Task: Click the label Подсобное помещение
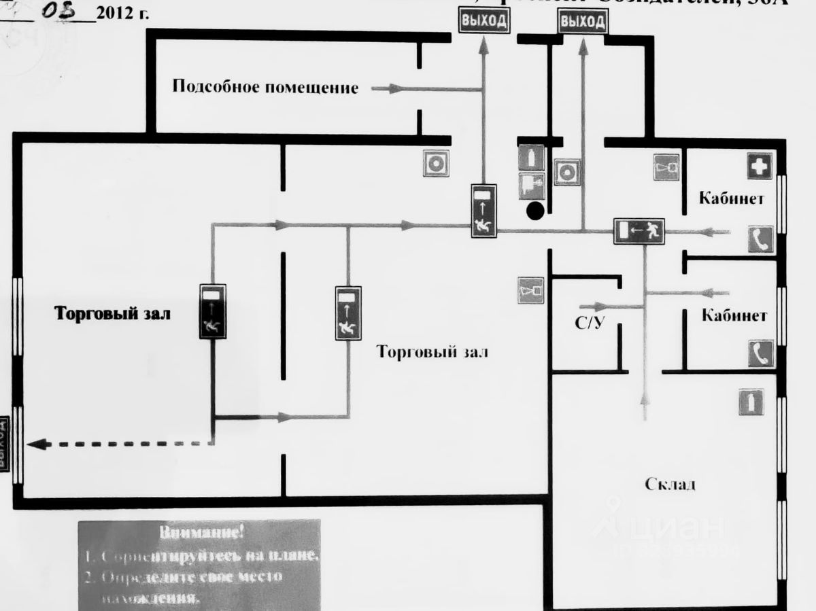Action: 265,87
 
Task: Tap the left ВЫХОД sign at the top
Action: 484,21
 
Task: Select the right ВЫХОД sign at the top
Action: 583,22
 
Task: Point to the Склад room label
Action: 670,485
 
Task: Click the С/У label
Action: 589,324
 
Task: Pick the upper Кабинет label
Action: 731,199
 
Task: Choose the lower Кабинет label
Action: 734,315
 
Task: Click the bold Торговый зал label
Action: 113,314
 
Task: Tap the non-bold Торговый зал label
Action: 432,352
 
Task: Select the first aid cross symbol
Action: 759,166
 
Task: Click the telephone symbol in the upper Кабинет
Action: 761,239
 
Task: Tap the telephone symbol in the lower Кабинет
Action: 761,354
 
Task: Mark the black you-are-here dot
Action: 535,211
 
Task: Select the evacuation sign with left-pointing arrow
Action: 639,232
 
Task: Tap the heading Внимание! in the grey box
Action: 199,532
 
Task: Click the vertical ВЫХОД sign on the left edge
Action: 3,442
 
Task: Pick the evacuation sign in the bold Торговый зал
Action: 213,312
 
